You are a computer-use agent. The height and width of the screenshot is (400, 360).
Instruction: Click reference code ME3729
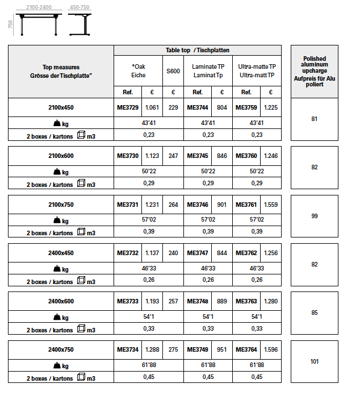pos(127,107)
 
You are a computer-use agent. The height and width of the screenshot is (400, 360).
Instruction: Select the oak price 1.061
pos(152,107)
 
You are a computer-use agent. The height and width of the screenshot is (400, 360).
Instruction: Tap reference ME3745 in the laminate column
pos(198,156)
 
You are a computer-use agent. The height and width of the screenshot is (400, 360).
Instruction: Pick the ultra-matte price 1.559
pos(271,205)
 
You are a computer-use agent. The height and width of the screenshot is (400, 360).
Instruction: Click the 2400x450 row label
pos(61,253)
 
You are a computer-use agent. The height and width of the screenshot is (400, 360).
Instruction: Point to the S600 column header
pos(173,71)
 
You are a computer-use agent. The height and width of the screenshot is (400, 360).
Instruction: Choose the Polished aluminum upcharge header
pos(314,71)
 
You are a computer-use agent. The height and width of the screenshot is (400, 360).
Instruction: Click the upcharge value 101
pos(314,361)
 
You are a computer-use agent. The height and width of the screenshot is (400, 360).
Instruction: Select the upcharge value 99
pos(314,216)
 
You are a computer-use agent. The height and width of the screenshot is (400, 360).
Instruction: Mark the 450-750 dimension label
pos(79,6)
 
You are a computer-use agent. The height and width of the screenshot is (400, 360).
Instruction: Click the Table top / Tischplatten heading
pos(198,51)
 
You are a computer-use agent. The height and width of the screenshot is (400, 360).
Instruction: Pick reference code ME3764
pos(246,349)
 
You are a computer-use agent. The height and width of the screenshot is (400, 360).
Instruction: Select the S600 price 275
pos(173,349)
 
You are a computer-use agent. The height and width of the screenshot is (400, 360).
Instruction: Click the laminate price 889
pos(222,301)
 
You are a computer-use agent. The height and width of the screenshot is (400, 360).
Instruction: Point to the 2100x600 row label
pos(61,156)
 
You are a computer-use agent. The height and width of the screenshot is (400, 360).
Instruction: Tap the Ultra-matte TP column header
pos(257,71)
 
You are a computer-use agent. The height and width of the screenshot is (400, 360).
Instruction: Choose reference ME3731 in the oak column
pos(127,205)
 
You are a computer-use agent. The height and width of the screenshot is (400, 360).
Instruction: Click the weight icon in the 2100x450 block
pos(57,123)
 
